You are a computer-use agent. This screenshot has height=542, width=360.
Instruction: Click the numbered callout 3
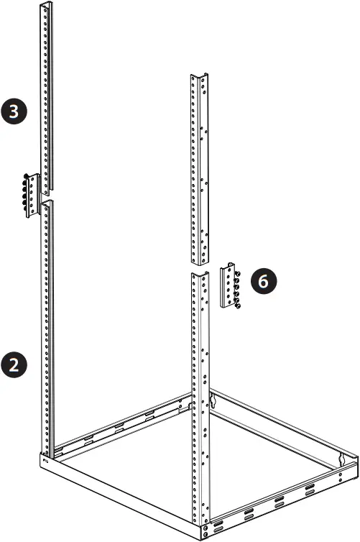(15, 111)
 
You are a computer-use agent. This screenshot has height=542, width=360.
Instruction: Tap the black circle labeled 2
(15, 364)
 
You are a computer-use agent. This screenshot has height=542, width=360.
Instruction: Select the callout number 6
(263, 281)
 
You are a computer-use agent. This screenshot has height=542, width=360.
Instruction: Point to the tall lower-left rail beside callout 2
(47, 323)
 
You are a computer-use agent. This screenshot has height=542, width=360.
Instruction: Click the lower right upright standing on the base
(199, 388)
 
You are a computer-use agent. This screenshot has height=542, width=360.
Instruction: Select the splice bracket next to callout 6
(229, 285)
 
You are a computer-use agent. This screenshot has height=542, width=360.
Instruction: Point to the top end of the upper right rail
(199, 76)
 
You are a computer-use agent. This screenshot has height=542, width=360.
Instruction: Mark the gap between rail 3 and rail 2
(47, 198)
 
